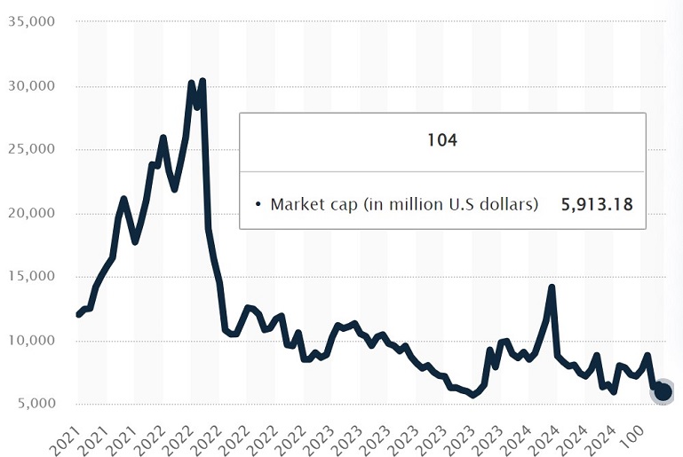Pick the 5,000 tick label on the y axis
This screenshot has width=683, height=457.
point(36,405)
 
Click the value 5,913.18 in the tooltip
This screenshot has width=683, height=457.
point(596,204)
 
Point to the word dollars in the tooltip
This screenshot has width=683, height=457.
point(511,204)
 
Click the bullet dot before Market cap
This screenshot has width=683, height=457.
point(258,205)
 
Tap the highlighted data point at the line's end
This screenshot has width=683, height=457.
point(663,391)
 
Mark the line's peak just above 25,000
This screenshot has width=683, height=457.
point(163,138)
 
